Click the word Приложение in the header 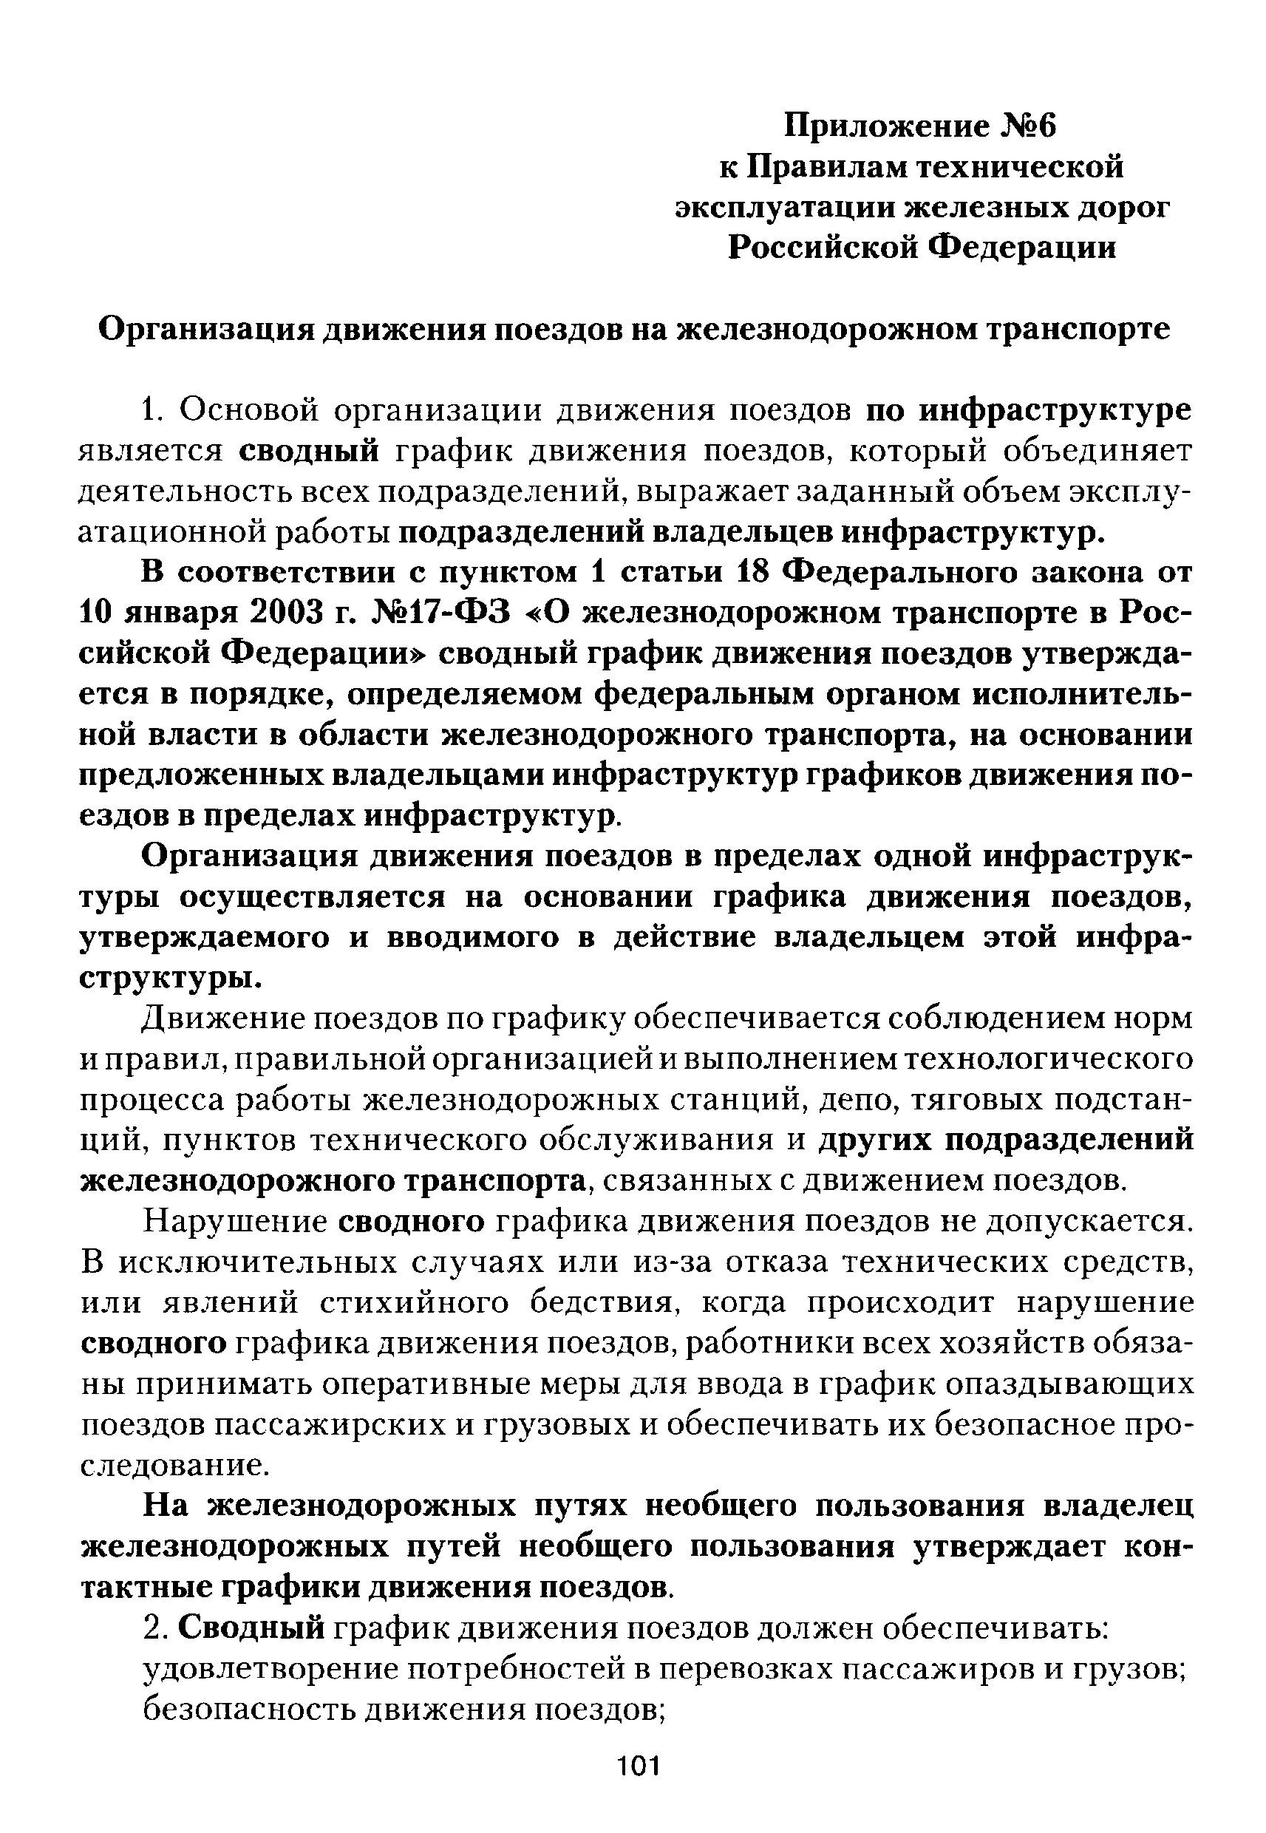tap(881, 126)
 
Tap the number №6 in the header tap(1027, 126)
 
